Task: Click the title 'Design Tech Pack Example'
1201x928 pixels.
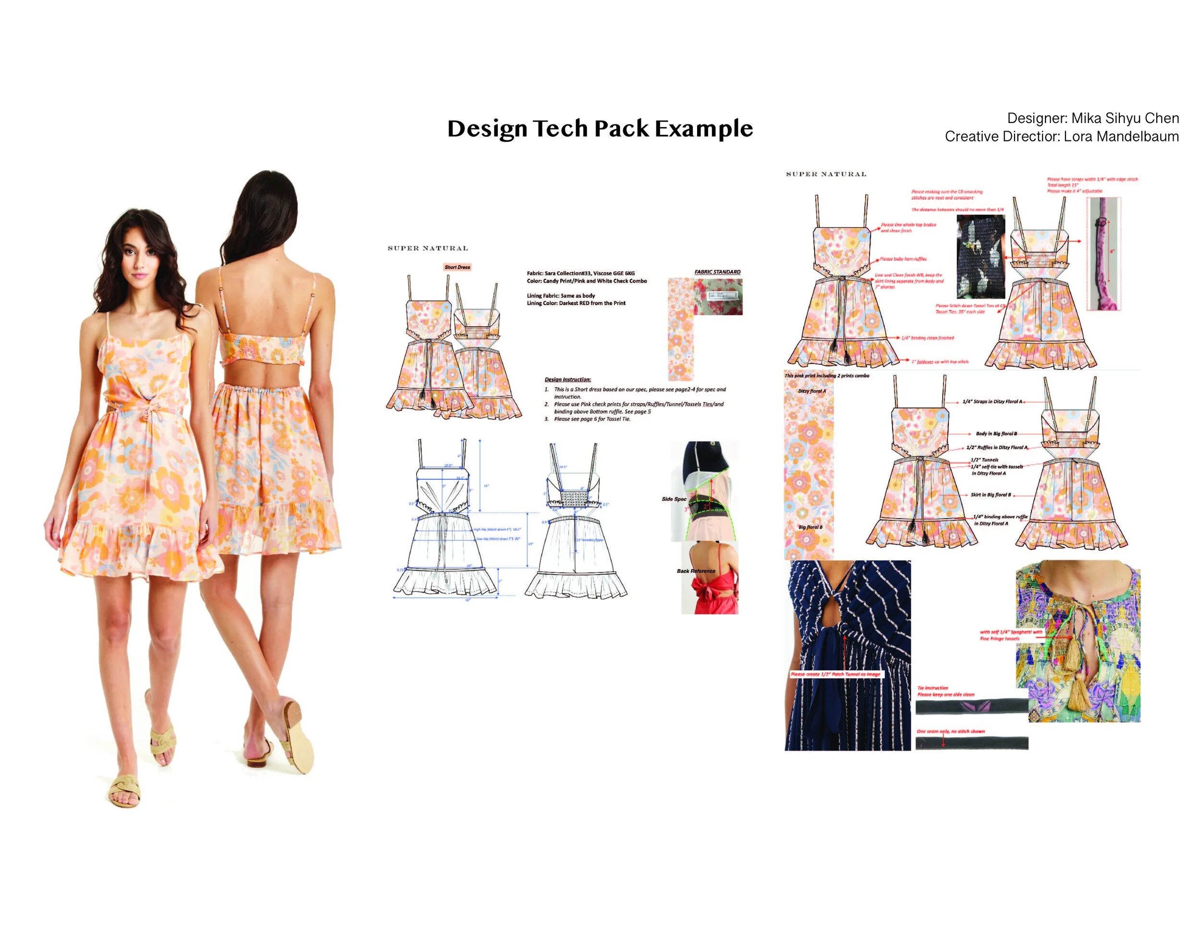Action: click(x=600, y=129)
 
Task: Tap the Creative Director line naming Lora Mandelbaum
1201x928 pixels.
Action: click(x=1061, y=136)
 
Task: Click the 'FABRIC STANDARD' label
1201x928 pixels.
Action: click(x=717, y=272)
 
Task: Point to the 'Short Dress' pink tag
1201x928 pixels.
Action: click(x=457, y=267)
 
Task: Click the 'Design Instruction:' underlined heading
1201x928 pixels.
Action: click(x=567, y=380)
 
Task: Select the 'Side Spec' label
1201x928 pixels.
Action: click(x=674, y=499)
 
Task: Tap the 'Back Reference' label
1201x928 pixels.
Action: click(x=696, y=571)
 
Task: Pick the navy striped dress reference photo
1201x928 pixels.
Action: click(x=847, y=655)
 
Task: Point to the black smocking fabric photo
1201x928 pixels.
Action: click(x=980, y=256)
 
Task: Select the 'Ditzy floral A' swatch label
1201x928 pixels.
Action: click(x=812, y=391)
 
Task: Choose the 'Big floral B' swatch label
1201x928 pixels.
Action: click(x=810, y=527)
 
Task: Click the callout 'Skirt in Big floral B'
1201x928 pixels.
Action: click(x=991, y=495)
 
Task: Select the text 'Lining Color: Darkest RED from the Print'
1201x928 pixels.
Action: click(x=576, y=303)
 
